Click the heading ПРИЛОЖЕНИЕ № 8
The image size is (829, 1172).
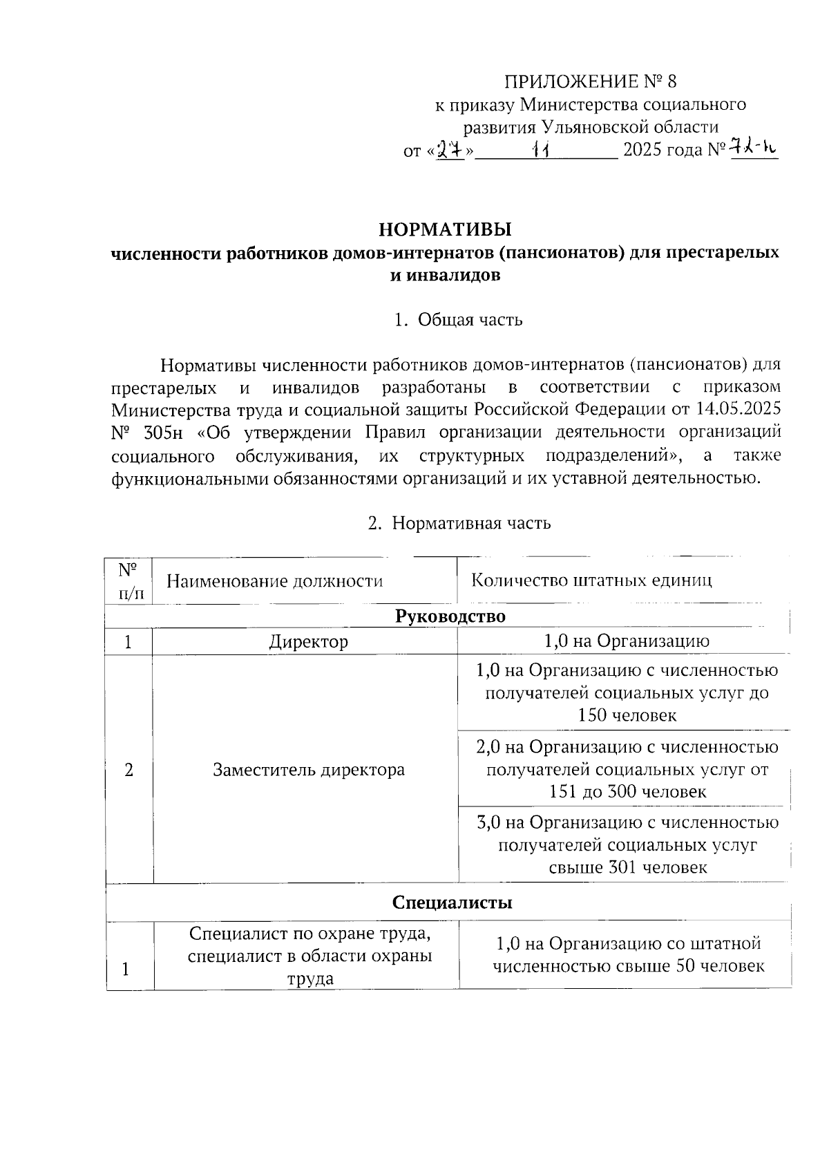point(590,82)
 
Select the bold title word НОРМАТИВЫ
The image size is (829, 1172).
point(446,229)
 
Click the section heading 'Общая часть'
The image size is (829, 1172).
point(470,320)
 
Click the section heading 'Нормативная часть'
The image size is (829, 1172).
point(471,522)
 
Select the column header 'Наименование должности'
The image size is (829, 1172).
point(274,580)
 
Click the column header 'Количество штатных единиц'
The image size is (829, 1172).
point(591,580)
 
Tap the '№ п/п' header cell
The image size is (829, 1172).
point(128,581)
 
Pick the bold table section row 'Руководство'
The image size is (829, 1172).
point(450,616)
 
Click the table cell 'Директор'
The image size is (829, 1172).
point(308,641)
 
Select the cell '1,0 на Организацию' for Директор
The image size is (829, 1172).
point(626,641)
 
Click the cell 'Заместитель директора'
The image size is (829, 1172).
point(308,770)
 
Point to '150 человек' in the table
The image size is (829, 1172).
point(627,715)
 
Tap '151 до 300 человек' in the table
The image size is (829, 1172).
point(627,791)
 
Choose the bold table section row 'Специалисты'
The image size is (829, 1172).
point(452,902)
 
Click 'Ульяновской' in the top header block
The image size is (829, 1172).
point(593,127)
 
